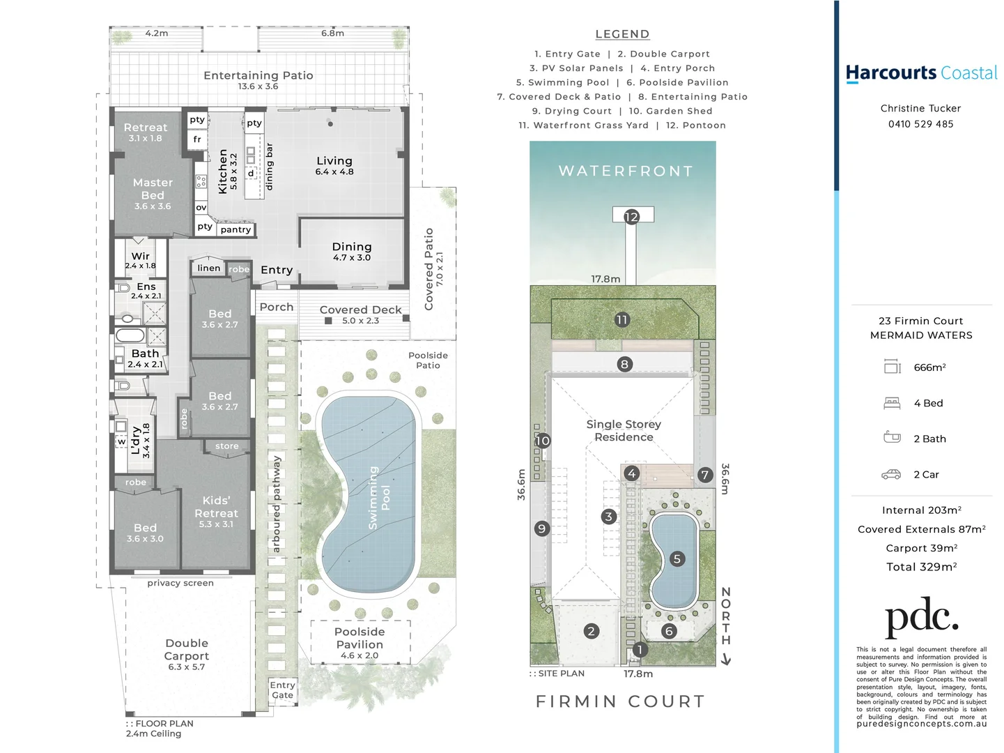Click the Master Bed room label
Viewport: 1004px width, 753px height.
153,189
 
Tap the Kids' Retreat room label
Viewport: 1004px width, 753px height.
216,507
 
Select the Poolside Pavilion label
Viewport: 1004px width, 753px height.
360,638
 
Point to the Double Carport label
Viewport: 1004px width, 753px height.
187,650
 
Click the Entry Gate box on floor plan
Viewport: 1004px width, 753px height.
282,690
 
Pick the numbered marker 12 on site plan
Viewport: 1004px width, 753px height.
631,217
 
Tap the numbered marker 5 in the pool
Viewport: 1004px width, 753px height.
677,558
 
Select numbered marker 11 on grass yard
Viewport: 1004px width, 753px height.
621,319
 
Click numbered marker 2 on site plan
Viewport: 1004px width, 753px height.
591,631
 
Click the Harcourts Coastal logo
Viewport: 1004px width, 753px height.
921,73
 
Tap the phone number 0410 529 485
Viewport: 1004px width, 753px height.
920,124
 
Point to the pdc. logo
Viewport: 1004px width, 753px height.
921,617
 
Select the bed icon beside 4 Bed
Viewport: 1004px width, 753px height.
892,403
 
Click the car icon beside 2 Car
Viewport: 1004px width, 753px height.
891,475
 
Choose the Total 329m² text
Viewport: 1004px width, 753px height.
921,567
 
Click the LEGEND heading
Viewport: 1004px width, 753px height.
622,34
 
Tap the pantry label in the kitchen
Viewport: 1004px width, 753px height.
235,229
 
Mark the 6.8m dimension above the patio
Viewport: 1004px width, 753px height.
332,33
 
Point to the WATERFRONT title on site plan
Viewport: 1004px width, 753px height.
626,171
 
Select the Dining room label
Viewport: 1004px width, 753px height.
352,247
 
